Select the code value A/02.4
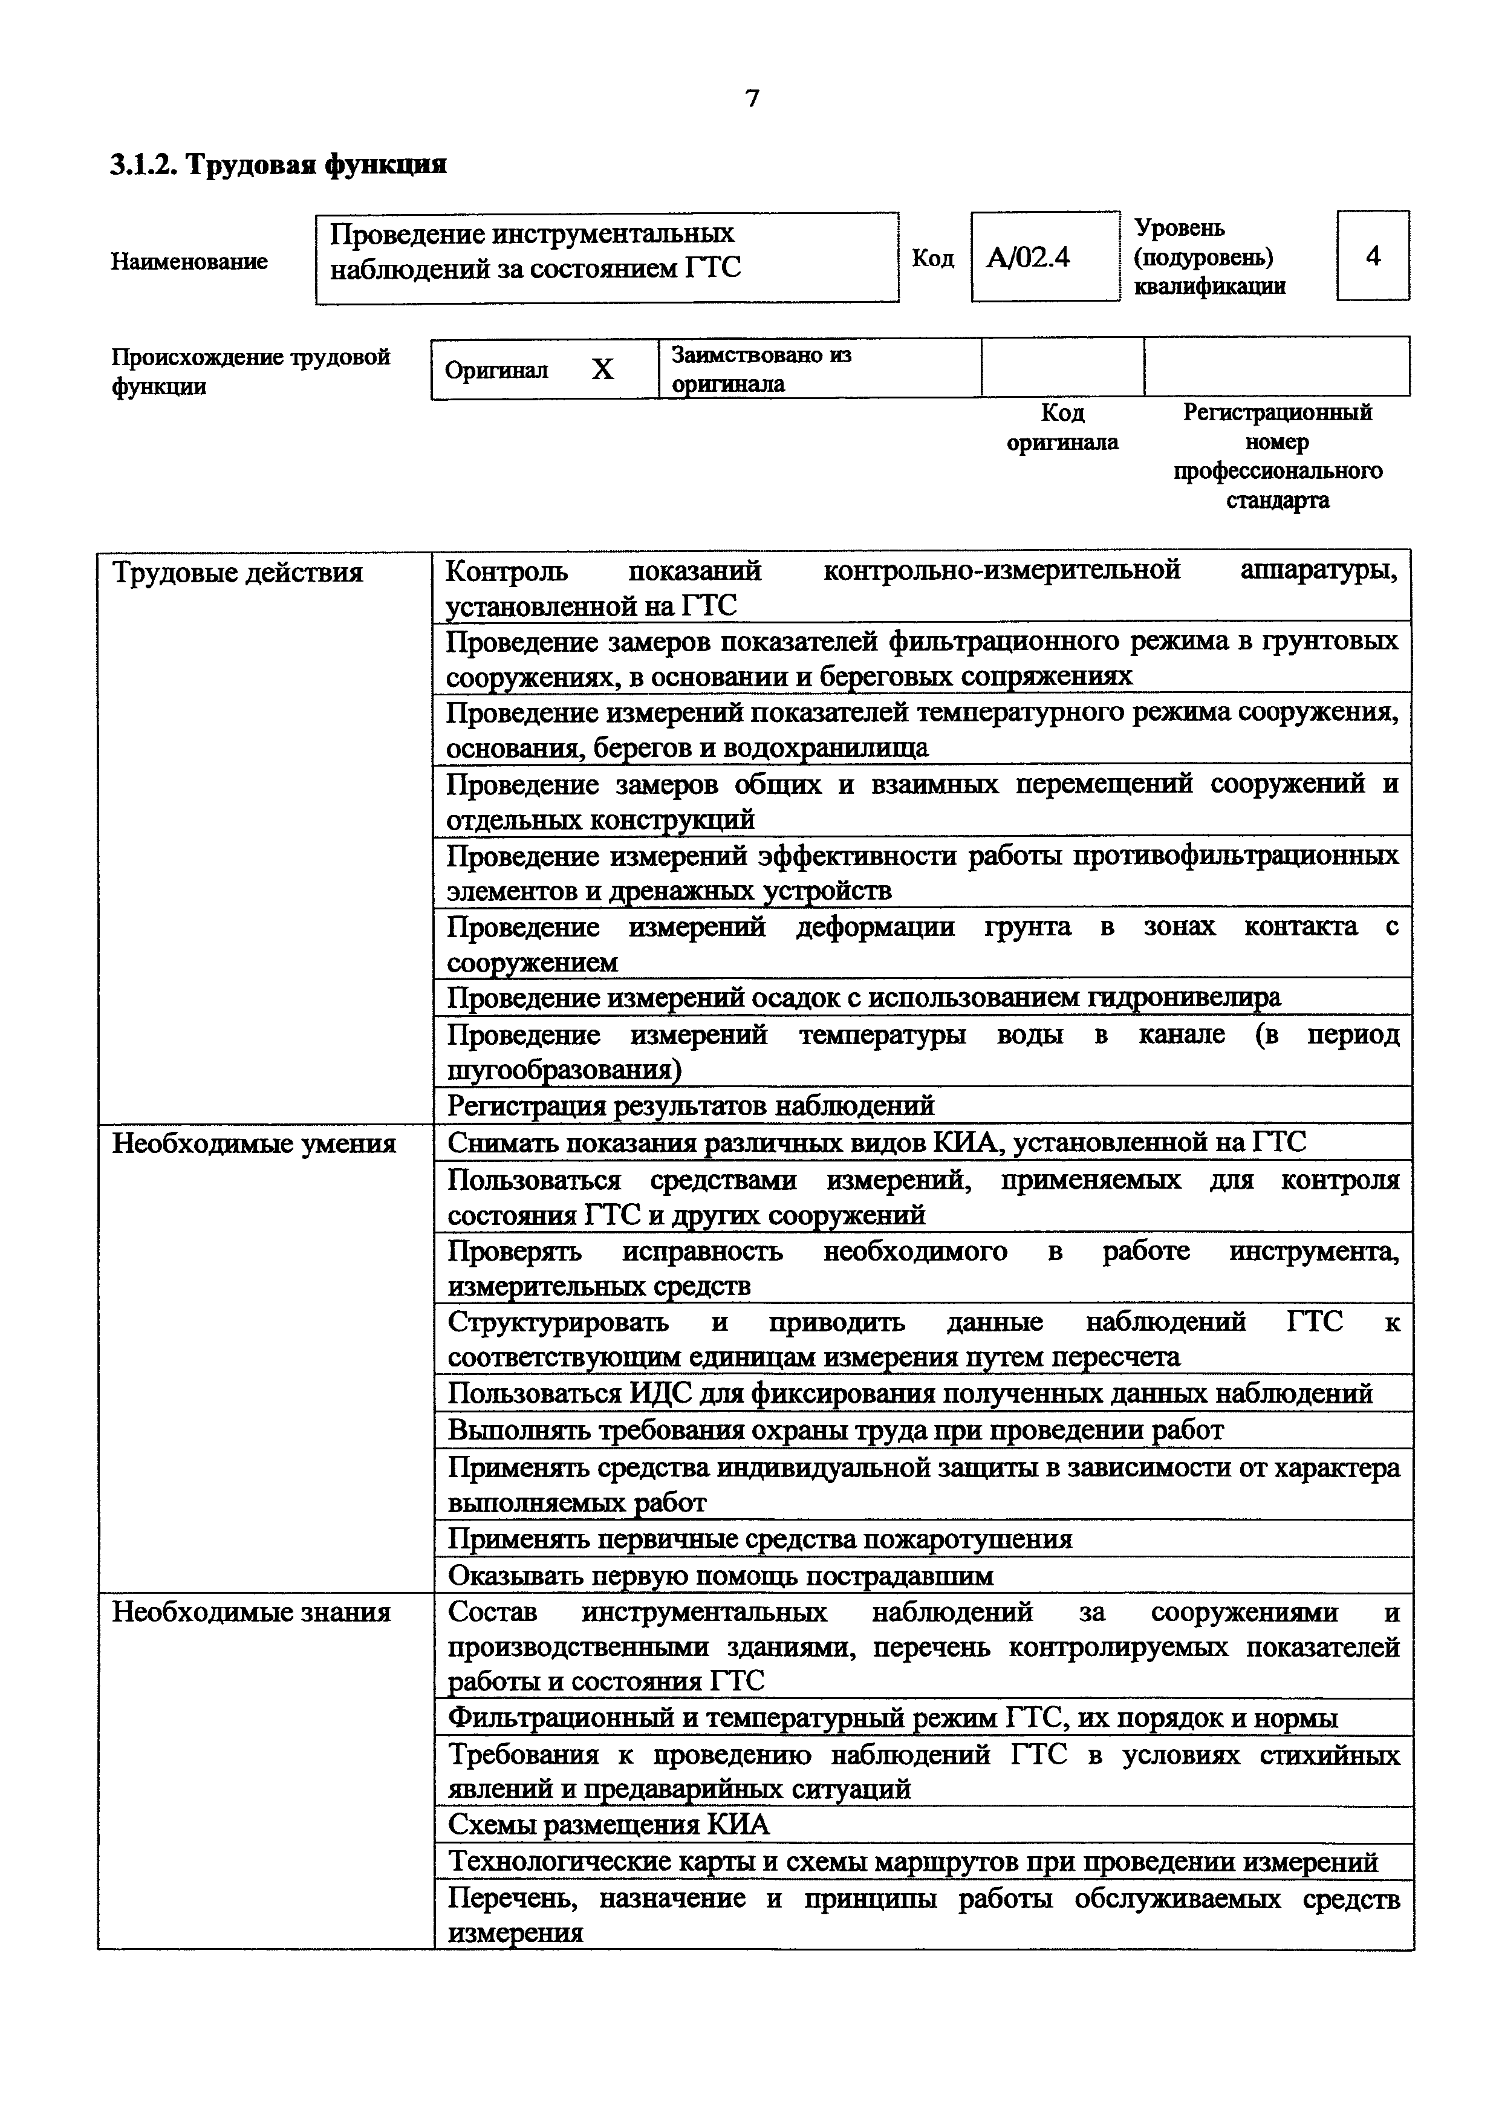pyautogui.click(x=1028, y=257)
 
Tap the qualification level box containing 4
pyautogui.click(x=1373, y=256)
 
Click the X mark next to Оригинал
pyautogui.click(x=602, y=369)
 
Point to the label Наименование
pyautogui.click(x=189, y=261)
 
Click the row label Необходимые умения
pyautogui.click(x=253, y=1144)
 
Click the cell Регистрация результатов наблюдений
pyautogui.click(x=691, y=1106)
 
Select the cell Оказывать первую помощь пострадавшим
pyautogui.click(x=720, y=1575)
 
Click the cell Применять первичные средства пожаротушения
pyautogui.click(x=759, y=1539)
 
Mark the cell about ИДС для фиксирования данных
pyautogui.click(x=910, y=1393)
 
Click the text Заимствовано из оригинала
pyautogui.click(x=761, y=369)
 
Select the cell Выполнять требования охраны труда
pyautogui.click(x=835, y=1430)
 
